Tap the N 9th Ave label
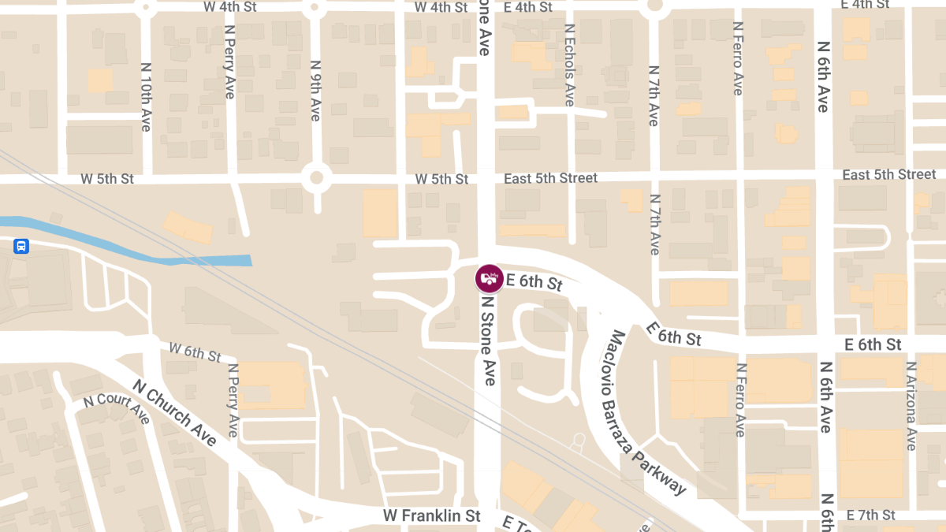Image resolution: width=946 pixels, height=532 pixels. (315, 91)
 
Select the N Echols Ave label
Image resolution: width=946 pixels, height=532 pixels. (570, 65)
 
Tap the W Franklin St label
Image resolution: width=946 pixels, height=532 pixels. (431, 515)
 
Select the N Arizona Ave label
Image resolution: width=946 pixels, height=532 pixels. (911, 406)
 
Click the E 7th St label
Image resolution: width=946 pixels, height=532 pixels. (871, 515)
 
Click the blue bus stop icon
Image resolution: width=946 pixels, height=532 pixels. (21, 246)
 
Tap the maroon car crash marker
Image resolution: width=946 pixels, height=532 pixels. (489, 277)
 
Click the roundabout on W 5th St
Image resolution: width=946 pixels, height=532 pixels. (317, 177)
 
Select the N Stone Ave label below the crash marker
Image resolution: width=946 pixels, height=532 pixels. (490, 340)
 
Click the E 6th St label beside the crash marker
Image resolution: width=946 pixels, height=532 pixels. (534, 281)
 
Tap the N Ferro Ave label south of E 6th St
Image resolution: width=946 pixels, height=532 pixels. (739, 399)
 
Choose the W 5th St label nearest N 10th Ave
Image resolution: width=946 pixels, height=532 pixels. (107, 179)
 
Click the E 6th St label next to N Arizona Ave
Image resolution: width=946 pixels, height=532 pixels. (873, 344)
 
